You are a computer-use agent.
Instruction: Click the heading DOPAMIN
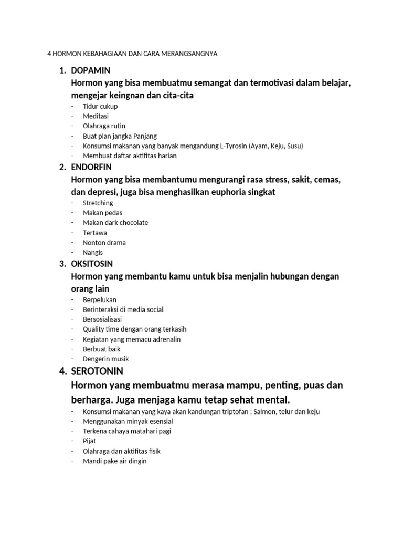[x=90, y=70]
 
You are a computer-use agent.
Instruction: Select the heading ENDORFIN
[x=91, y=167]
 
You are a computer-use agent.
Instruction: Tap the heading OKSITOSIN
[x=92, y=263]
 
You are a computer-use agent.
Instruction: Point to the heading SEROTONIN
[x=97, y=371]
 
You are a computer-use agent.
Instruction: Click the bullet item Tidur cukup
[x=100, y=106]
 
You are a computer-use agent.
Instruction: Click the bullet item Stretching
[x=98, y=203]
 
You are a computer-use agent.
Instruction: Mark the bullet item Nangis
[x=93, y=252]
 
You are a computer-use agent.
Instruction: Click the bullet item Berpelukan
[x=100, y=299]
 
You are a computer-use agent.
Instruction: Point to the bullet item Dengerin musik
[x=105, y=359]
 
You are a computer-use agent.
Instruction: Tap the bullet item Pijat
[x=90, y=441]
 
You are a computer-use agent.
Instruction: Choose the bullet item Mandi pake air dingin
[x=115, y=461]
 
